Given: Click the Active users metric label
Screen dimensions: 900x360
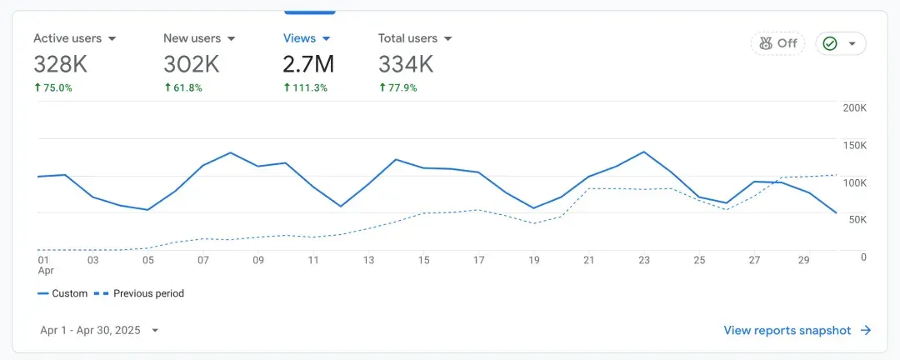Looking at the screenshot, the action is tap(67, 38).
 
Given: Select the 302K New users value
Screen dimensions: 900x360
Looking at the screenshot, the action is tap(191, 64).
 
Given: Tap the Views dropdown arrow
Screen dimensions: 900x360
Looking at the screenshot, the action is tap(326, 39).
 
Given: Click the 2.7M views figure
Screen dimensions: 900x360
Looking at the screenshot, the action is tap(308, 64).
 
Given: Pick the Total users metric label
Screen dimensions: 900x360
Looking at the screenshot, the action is tap(407, 38).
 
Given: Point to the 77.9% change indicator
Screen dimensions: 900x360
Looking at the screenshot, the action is tap(397, 87).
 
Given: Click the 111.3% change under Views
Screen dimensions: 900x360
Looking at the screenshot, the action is tap(305, 87).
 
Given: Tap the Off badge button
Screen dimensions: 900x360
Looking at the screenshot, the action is tap(777, 43).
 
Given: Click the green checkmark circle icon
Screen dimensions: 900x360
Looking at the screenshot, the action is tap(830, 43).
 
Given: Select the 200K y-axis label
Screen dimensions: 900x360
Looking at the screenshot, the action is tap(855, 108).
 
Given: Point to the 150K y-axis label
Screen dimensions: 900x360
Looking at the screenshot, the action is tap(855, 145).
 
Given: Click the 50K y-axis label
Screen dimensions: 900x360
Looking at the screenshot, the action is tap(857, 220).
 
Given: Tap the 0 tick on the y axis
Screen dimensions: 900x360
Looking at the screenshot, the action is tap(863, 257).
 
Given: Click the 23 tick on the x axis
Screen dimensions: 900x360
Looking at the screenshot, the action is tap(644, 260).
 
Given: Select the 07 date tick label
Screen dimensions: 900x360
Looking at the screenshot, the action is tap(203, 260).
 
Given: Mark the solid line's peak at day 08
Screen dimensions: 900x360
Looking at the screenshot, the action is tap(230, 152).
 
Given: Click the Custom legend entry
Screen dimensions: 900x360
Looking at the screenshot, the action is tap(62, 293).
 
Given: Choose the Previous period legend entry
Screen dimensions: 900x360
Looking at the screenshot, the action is tap(139, 293).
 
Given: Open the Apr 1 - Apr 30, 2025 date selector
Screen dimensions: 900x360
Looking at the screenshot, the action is tap(99, 330).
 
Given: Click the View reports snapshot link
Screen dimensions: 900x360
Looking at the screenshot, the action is tap(797, 330).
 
